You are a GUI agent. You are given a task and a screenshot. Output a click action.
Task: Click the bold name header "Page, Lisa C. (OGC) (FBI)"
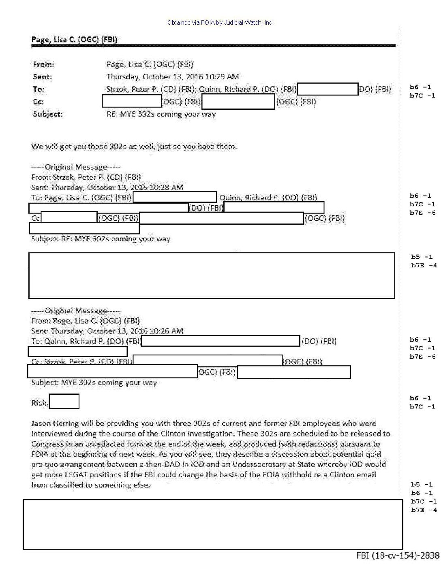(x=74, y=39)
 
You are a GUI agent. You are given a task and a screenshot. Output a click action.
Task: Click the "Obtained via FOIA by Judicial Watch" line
(x=220, y=23)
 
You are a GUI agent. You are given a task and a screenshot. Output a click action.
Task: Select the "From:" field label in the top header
(x=43, y=64)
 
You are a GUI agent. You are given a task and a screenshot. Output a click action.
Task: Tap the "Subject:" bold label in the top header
(x=48, y=114)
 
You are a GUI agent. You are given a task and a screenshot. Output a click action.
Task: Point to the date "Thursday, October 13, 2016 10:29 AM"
(x=172, y=77)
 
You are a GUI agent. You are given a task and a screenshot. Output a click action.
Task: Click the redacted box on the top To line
(x=328, y=89)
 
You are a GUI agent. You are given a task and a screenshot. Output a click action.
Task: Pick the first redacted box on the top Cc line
(x=132, y=102)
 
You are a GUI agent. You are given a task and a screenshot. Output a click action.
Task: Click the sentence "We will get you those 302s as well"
(x=134, y=147)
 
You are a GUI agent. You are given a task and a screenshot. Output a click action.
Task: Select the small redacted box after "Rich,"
(x=64, y=402)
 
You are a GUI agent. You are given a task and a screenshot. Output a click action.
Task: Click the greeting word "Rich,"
(x=40, y=403)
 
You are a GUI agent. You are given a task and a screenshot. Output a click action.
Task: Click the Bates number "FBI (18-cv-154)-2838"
(x=398, y=555)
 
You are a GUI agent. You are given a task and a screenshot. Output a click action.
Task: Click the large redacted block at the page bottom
(x=213, y=524)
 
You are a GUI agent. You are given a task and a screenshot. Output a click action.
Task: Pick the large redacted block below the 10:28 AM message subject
(x=212, y=276)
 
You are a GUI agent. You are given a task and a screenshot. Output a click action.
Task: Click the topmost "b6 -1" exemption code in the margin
(x=420, y=87)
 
